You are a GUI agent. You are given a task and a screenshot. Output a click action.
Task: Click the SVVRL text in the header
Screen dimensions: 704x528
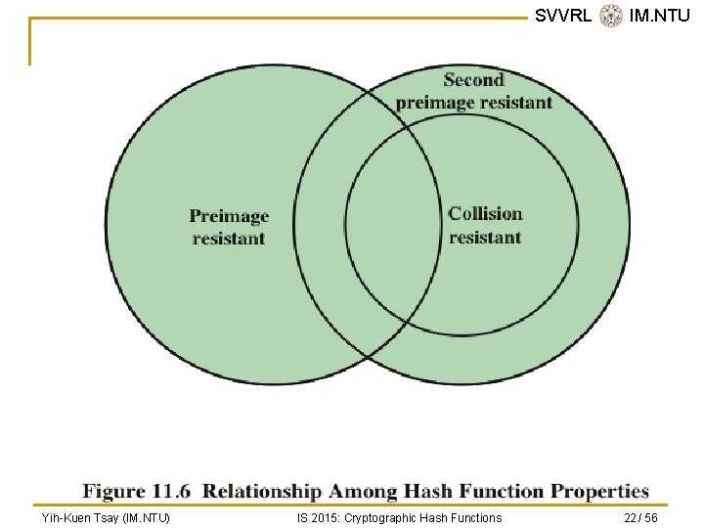[562, 15]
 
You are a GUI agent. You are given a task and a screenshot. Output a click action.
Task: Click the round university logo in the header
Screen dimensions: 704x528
[611, 16]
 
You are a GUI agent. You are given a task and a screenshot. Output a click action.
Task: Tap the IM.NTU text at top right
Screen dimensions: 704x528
[660, 15]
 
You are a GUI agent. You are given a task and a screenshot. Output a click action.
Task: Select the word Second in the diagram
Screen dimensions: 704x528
[473, 80]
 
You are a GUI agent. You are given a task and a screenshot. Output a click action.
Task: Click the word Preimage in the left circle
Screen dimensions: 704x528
[229, 216]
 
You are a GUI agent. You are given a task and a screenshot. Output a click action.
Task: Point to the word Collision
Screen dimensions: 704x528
[485, 214]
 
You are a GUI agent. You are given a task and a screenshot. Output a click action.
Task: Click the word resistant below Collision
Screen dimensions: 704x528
[485, 238]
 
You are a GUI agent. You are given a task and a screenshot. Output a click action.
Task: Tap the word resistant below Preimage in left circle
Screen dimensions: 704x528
[229, 239]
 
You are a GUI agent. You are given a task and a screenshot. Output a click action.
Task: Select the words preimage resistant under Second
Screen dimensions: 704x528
[474, 103]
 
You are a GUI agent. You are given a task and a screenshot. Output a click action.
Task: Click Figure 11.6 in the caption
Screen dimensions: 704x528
[137, 491]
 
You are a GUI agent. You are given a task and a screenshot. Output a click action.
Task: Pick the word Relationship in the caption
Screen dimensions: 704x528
[261, 491]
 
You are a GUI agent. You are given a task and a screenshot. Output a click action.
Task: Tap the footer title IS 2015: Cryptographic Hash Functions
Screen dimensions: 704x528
[399, 518]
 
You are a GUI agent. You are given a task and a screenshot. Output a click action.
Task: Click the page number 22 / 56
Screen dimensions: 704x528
[641, 518]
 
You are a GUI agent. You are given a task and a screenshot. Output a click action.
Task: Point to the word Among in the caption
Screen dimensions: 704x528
[357, 491]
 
